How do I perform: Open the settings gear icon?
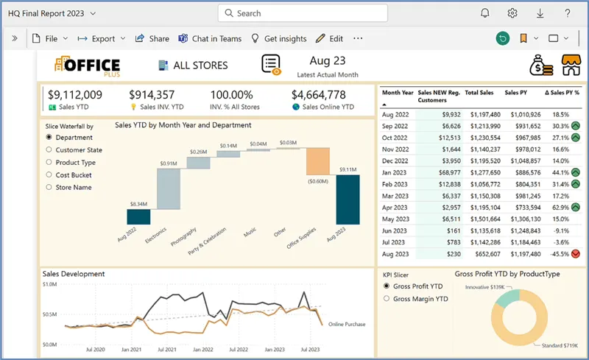pyautogui.click(x=512, y=13)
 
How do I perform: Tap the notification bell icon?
pyautogui.click(x=485, y=13)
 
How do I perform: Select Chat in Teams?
pyautogui.click(x=210, y=39)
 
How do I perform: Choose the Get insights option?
pyautogui.click(x=278, y=39)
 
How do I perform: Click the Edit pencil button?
pyautogui.click(x=329, y=39)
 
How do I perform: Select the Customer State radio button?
pyautogui.click(x=49, y=150)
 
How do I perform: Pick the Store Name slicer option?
pyautogui.click(x=49, y=187)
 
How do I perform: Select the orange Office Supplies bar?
pyautogui.click(x=317, y=161)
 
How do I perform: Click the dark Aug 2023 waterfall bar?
pyautogui.click(x=348, y=199)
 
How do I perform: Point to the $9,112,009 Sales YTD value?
pyautogui.click(x=75, y=95)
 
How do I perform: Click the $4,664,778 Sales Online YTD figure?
pyautogui.click(x=318, y=95)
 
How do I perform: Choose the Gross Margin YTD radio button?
pyautogui.click(x=387, y=299)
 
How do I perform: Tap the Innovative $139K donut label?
pyautogui.click(x=486, y=286)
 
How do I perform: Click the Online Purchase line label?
pyautogui.click(x=347, y=324)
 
